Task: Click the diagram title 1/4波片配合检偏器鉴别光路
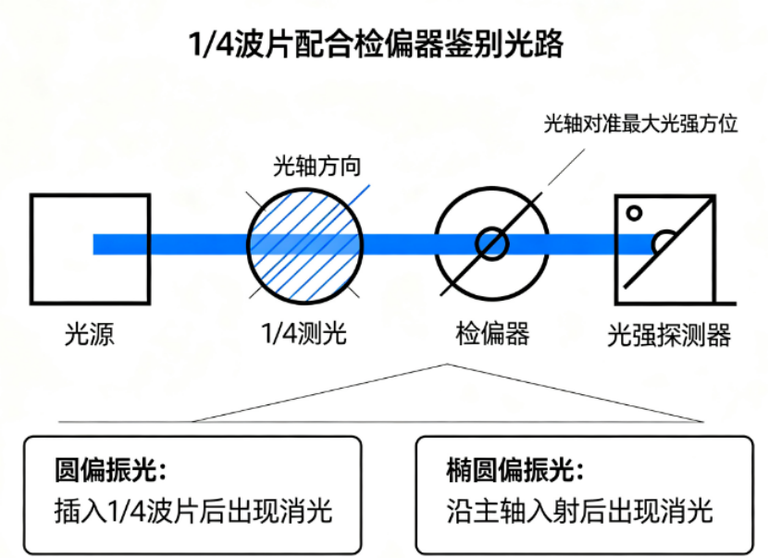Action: point(376,43)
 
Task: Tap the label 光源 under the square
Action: point(90,334)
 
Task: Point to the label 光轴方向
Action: point(316,166)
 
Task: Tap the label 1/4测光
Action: point(304,333)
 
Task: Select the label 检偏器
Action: point(492,333)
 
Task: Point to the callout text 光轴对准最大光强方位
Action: point(641,124)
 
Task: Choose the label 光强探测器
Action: point(669,335)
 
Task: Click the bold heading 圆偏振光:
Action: point(110,469)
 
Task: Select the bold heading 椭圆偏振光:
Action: point(515,469)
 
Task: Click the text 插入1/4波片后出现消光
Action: point(193,511)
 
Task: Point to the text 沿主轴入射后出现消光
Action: point(579,511)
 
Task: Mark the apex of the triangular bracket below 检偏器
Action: point(447,365)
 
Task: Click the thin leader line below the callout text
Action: point(566,167)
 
